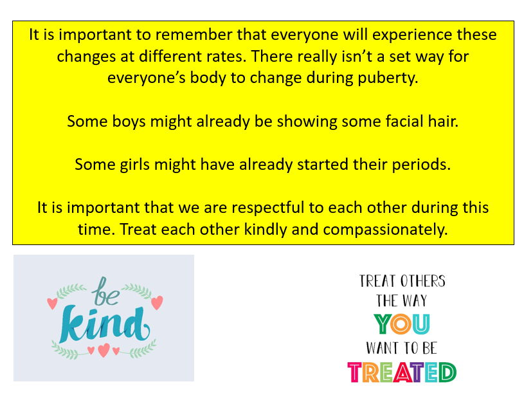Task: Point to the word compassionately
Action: pos(385,230)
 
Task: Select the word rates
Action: pos(226,57)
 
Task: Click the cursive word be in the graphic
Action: pos(106,291)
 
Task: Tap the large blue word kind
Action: pos(104,324)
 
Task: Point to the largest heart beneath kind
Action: pos(104,350)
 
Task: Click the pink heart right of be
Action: pos(157,302)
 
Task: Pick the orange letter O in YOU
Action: pos(401,324)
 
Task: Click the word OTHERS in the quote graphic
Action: pos(423,281)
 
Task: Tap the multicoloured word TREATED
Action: pos(402,372)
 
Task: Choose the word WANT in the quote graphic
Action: pos(380,348)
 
